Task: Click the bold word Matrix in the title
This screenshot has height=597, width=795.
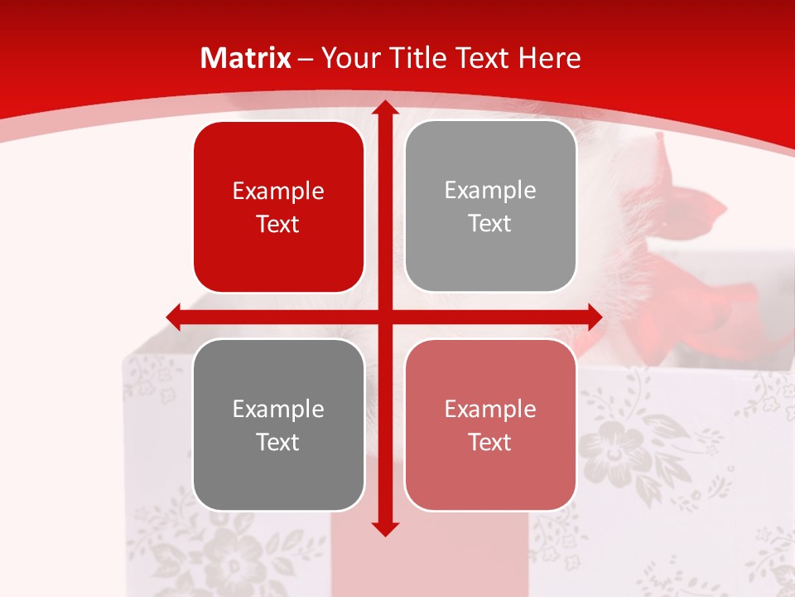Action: (x=246, y=58)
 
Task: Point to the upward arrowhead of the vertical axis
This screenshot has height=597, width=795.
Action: (x=384, y=108)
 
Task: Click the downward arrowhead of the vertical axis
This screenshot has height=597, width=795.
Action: (x=384, y=528)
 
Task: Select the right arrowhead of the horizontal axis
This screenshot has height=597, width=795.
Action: (x=594, y=317)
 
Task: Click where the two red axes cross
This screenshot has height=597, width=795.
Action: (x=384, y=317)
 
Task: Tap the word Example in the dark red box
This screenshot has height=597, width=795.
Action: (x=278, y=192)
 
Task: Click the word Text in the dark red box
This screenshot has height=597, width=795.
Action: (x=278, y=224)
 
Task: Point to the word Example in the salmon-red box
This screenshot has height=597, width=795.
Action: (x=490, y=409)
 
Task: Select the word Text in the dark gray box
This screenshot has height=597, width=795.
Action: (x=278, y=442)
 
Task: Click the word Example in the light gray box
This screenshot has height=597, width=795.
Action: (x=490, y=191)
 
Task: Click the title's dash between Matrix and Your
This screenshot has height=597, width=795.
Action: (x=306, y=59)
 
